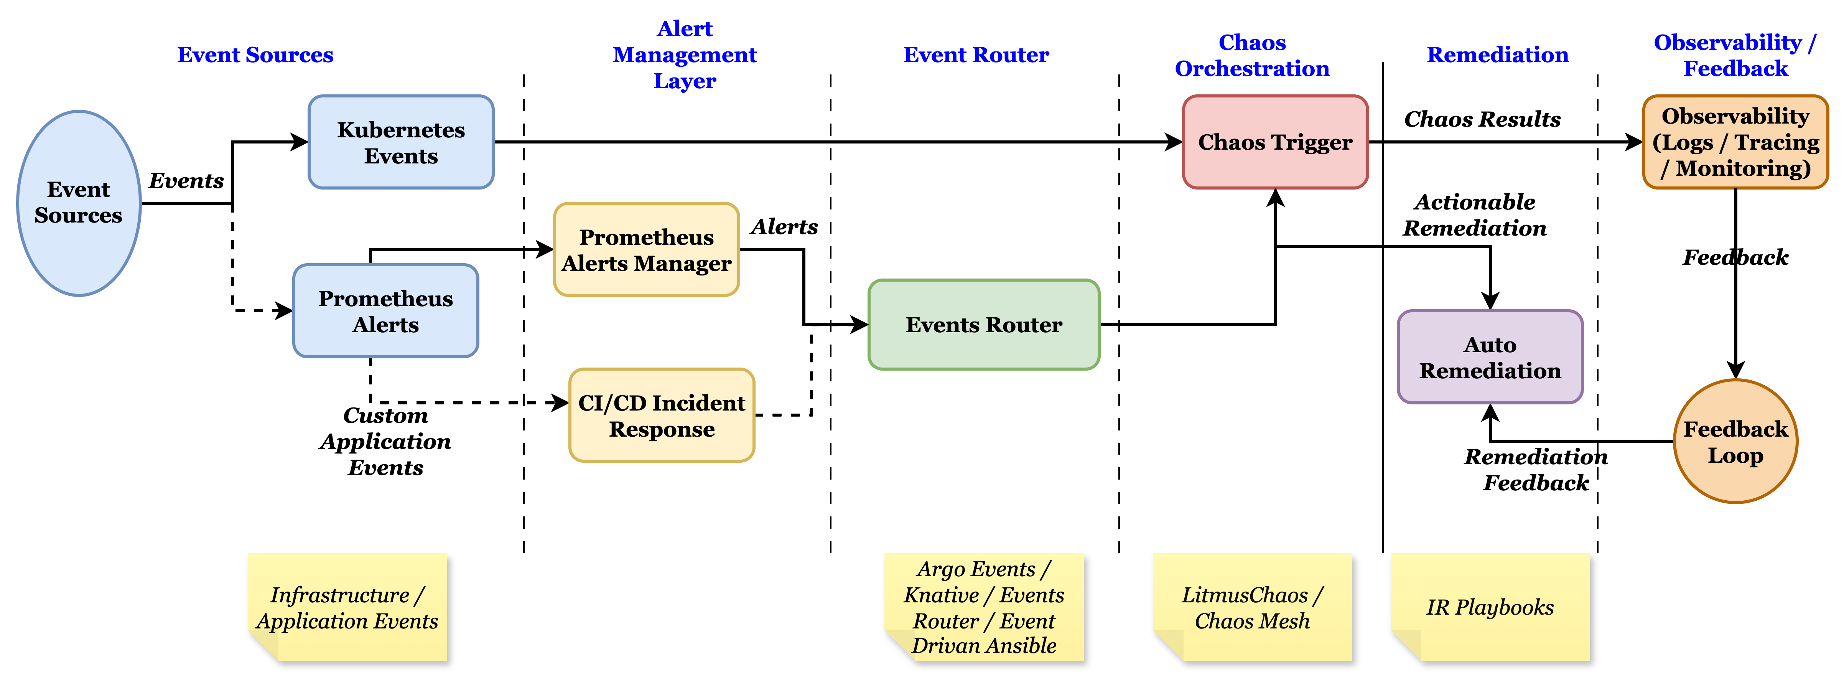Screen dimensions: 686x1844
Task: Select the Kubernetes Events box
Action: pos(401,142)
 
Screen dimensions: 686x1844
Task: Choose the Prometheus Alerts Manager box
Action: pos(646,250)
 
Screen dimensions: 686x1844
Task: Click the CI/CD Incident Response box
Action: pos(662,416)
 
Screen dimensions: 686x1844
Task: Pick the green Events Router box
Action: pos(984,324)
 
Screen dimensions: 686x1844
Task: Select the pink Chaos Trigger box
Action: pos(1275,142)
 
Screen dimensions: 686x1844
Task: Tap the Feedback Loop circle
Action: pos(1735,441)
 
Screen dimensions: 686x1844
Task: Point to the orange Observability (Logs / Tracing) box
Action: pos(1735,142)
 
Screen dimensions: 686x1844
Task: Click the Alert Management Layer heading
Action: pos(684,54)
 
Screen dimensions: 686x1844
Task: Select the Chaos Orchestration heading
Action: pos(1252,55)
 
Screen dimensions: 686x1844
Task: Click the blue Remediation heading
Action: pos(1498,54)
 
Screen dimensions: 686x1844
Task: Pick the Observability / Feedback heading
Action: pos(1735,55)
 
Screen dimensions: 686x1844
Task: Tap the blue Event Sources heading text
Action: pos(255,54)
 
